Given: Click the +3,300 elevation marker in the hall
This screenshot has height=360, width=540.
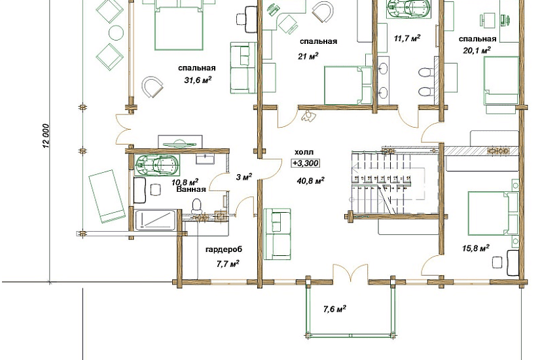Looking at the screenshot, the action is click(306, 163).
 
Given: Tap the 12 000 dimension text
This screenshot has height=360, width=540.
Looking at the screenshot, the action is click(46, 135).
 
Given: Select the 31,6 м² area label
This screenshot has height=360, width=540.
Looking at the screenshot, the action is click(198, 81).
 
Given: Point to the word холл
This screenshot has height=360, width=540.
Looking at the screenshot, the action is click(304, 153).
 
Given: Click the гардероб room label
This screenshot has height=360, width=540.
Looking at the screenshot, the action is click(224, 249).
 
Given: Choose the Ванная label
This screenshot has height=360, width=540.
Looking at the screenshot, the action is click(191, 189).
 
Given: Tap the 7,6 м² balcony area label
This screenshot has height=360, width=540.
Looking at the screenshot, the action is click(334, 309).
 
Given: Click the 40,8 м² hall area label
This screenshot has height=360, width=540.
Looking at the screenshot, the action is click(310, 180).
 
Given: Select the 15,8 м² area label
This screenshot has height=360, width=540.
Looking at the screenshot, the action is click(476, 247).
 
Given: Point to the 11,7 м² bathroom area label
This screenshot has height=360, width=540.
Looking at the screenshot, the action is click(406, 38).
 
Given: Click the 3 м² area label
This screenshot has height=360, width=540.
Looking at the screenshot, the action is click(244, 177).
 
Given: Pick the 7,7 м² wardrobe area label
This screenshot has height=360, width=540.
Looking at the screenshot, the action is click(228, 264).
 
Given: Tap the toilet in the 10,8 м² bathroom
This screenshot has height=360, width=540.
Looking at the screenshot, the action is click(196, 206).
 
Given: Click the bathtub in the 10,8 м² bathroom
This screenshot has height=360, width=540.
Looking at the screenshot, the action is click(157, 164).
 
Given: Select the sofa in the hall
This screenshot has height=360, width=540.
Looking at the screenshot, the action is click(277, 234).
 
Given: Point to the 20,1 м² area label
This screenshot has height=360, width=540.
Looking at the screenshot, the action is click(477, 50).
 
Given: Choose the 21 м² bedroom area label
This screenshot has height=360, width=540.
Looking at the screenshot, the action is click(308, 56).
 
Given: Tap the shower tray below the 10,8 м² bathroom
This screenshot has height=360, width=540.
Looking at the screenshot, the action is click(155, 220).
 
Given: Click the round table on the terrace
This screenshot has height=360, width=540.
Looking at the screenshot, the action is click(116, 32).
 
